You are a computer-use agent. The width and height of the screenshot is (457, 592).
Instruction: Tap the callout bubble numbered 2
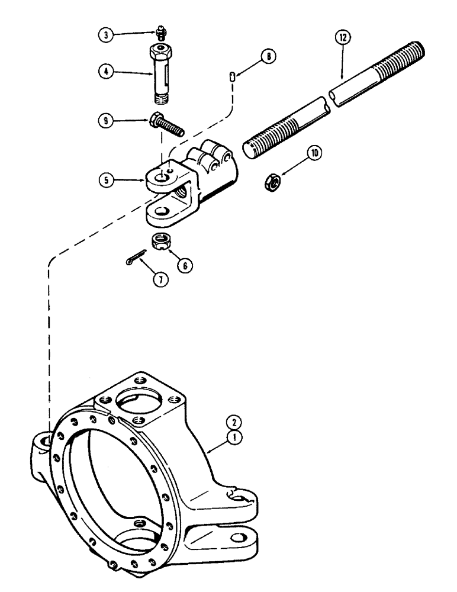235,423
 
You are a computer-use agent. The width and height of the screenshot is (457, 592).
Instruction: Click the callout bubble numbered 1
235,439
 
